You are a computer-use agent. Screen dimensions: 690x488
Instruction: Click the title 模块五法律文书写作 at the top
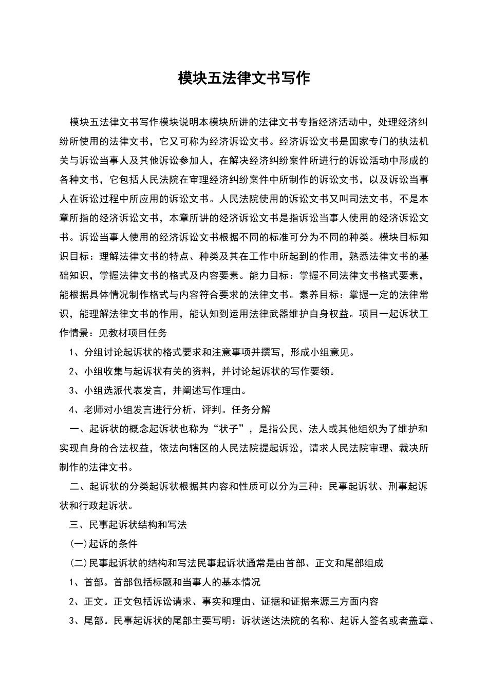point(244,78)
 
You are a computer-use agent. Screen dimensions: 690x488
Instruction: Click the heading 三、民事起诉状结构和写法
point(128,525)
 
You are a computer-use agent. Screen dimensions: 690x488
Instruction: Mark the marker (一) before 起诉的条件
point(79,544)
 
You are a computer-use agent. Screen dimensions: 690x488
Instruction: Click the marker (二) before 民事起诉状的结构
point(79,563)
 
